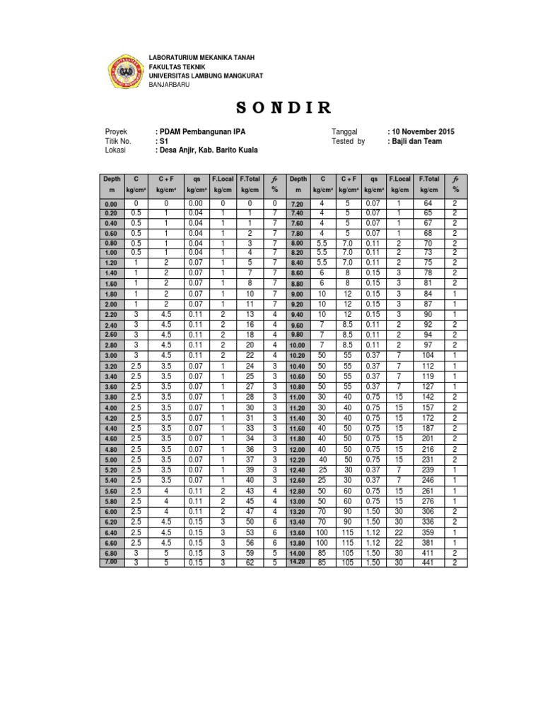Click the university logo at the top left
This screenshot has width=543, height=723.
tap(125, 71)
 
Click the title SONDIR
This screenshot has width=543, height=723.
tap(283, 107)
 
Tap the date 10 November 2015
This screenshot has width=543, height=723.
tap(422, 132)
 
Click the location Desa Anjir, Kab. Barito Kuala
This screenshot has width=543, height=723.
tap(208, 150)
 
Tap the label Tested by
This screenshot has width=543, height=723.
tap(348, 141)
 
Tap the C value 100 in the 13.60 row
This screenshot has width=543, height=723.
tap(322, 532)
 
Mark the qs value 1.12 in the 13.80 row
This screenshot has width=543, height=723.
tap(375, 542)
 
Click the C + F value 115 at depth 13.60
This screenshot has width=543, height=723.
tap(349, 532)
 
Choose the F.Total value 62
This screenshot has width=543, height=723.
tap(250, 562)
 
